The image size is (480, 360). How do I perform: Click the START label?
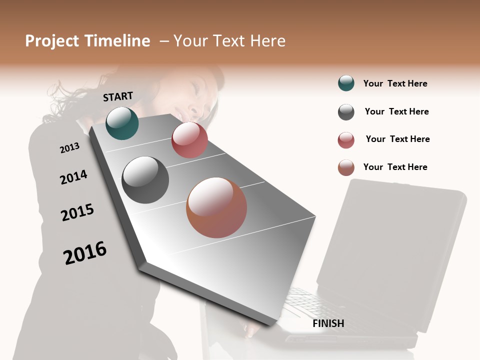click(118, 96)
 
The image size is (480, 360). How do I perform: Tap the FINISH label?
click(328, 323)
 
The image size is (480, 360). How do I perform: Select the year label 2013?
click(69, 148)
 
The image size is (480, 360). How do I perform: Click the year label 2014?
click(73, 177)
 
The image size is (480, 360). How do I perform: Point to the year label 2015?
click(77, 212)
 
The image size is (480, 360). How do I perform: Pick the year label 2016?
click(85, 253)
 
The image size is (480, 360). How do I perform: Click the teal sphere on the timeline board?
click(122, 123)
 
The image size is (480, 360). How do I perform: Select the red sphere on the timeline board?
click(189, 140)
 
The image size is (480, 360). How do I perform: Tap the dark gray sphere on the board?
click(145, 180)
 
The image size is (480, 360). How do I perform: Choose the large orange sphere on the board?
click(216, 207)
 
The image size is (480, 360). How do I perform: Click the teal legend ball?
click(346, 83)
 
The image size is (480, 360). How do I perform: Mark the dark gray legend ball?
click(346, 112)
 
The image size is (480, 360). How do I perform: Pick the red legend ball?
click(346, 140)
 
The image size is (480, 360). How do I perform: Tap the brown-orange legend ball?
click(346, 167)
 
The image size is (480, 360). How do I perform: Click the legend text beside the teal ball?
click(395, 83)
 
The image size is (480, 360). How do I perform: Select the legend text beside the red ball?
click(397, 139)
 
